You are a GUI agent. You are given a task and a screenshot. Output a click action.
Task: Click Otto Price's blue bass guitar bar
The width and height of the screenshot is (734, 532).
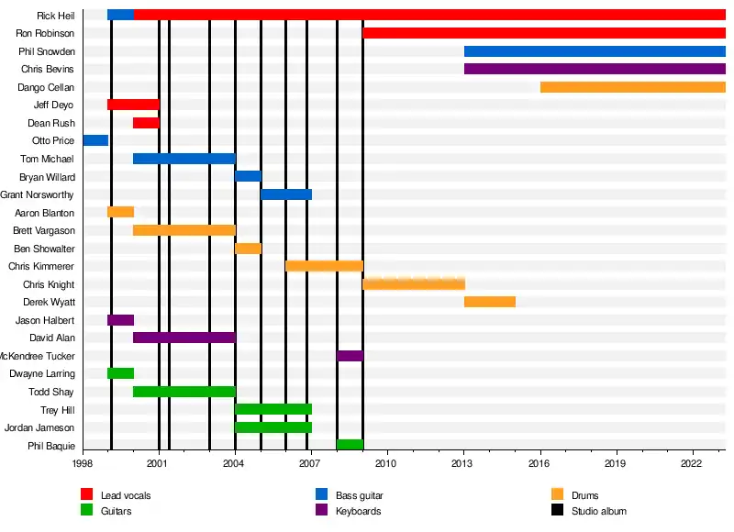pyautogui.click(x=95, y=140)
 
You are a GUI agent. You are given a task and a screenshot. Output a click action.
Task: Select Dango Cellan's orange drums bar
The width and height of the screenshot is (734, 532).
pyautogui.click(x=632, y=87)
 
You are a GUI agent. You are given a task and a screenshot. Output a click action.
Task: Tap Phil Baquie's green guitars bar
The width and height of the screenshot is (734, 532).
pyautogui.click(x=350, y=445)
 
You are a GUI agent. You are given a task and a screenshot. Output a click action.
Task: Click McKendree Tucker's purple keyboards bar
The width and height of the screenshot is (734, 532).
pyautogui.click(x=350, y=356)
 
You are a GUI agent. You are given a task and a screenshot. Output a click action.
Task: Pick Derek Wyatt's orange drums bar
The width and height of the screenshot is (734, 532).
pyautogui.click(x=489, y=302)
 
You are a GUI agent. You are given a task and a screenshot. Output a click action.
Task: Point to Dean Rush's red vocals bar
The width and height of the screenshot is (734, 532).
pyautogui.click(x=146, y=123)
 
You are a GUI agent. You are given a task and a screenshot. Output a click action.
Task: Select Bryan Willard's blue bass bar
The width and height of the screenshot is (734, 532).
pyautogui.click(x=248, y=176)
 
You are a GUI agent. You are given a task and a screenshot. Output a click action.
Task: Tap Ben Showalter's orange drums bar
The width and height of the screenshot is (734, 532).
pyautogui.click(x=248, y=249)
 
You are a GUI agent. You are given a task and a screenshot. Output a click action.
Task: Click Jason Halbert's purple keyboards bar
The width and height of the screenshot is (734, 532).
pyautogui.click(x=120, y=320)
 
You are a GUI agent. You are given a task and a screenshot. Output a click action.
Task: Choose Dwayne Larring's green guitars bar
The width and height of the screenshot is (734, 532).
pyautogui.click(x=120, y=373)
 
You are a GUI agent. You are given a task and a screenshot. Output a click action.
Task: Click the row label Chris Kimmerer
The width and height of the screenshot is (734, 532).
pyautogui.click(x=41, y=266)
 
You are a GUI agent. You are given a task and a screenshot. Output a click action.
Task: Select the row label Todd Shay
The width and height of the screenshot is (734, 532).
pyautogui.click(x=51, y=392)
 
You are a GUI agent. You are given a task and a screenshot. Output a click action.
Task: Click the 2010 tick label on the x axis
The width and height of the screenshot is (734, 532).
pyautogui.click(x=386, y=465)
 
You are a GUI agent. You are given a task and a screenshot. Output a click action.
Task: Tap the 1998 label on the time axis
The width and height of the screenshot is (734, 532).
pyautogui.click(x=83, y=465)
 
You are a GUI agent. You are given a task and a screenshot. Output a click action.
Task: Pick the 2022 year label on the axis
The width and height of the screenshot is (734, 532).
pyautogui.click(x=691, y=465)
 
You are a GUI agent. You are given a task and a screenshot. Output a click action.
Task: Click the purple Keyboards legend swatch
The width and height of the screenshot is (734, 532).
pyautogui.click(x=322, y=510)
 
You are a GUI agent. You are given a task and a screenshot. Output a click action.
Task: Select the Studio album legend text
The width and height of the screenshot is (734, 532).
pyautogui.click(x=598, y=511)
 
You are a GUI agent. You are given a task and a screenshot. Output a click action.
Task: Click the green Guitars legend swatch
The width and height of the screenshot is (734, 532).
pyautogui.click(x=87, y=510)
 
